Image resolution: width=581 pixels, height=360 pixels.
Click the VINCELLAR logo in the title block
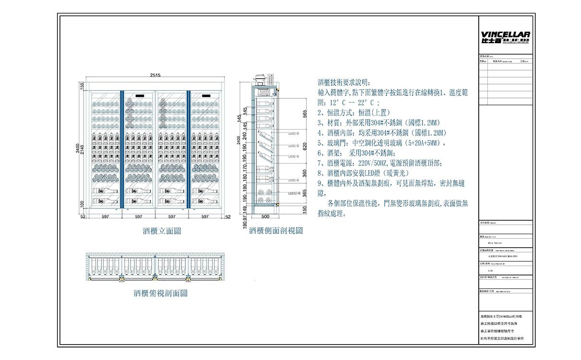(x=505, y=37)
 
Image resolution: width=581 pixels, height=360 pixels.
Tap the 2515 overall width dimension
(x=155, y=75)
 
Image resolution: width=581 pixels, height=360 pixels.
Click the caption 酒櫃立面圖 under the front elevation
(x=162, y=231)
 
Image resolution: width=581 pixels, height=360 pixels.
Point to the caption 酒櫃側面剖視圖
(x=276, y=231)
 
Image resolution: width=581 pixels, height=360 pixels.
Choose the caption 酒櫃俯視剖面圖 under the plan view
(x=160, y=293)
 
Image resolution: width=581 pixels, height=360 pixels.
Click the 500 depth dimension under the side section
(x=265, y=216)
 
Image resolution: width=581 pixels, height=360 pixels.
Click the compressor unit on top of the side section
(x=261, y=79)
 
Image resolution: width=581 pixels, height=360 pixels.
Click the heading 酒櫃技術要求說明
(x=344, y=82)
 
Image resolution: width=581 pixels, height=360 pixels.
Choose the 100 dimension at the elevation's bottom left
(x=82, y=204)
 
